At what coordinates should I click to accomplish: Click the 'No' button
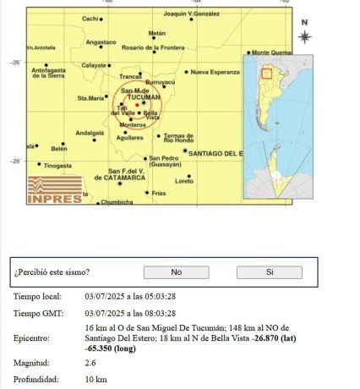point(176,272)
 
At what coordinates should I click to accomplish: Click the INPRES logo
point(55,190)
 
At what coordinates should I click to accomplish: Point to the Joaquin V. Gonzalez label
point(192,14)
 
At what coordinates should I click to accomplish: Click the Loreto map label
point(184,182)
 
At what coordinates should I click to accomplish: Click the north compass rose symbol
point(304,36)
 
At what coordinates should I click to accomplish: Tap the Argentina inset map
point(278,127)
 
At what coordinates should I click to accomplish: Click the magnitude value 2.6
point(90,363)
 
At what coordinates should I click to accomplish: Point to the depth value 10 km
point(95,379)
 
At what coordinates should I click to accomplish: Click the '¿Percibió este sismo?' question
point(52,272)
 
